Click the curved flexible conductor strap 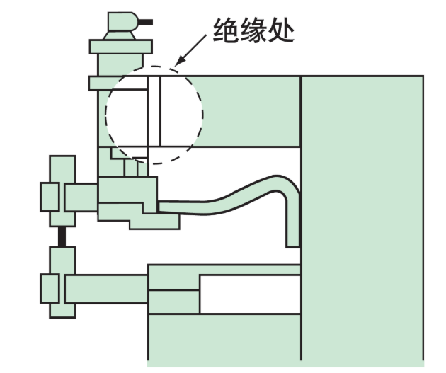(x=234, y=195)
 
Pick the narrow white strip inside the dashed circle (x=154, y=109)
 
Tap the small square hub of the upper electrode (x=49, y=197)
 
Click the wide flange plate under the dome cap (x=121, y=47)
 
